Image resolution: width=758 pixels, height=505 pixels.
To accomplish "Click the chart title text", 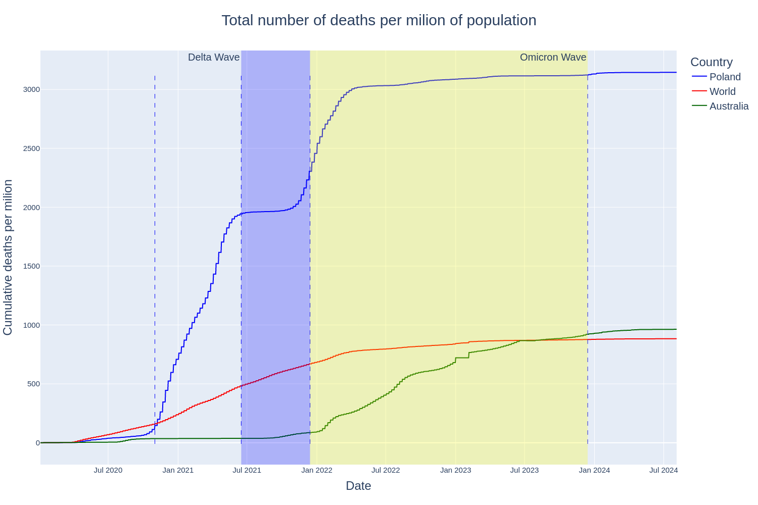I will pyautogui.click(x=379, y=20).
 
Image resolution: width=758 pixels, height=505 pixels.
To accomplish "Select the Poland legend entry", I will pyautogui.click(x=725, y=77).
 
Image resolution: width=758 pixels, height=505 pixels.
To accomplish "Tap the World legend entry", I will pyautogui.click(x=722, y=91).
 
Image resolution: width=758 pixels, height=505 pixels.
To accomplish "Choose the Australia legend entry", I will pyautogui.click(x=729, y=106).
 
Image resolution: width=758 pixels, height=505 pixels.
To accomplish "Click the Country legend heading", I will pyautogui.click(x=711, y=62).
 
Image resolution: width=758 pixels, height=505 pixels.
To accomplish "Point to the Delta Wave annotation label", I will pyautogui.click(x=214, y=57).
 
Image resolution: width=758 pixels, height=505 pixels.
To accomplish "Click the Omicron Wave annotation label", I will pyautogui.click(x=553, y=57).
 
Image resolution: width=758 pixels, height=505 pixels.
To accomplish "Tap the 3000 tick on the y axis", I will pyautogui.click(x=31, y=89).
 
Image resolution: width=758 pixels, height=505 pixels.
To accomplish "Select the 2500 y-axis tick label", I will pyautogui.click(x=31, y=148).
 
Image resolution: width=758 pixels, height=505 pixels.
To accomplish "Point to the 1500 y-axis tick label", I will pyautogui.click(x=31, y=266).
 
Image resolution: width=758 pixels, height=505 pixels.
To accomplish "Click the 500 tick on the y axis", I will pyautogui.click(x=33, y=384).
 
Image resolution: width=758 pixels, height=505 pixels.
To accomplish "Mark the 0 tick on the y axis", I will pyautogui.click(x=37, y=443).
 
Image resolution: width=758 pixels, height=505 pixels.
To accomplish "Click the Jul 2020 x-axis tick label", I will pyautogui.click(x=108, y=470).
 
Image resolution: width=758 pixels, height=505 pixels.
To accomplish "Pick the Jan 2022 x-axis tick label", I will pyautogui.click(x=317, y=470).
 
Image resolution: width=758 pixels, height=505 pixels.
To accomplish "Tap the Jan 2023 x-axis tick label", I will pyautogui.click(x=455, y=470).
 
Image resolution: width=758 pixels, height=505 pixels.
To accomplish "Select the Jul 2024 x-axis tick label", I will pyautogui.click(x=664, y=470).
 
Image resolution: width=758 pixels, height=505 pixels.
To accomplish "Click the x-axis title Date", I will pyautogui.click(x=358, y=486).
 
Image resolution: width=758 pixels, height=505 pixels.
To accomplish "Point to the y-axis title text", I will pyautogui.click(x=8, y=258).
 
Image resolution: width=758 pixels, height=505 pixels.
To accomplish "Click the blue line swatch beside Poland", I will pyautogui.click(x=699, y=77).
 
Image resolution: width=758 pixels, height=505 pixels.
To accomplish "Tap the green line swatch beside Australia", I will pyautogui.click(x=699, y=106).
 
